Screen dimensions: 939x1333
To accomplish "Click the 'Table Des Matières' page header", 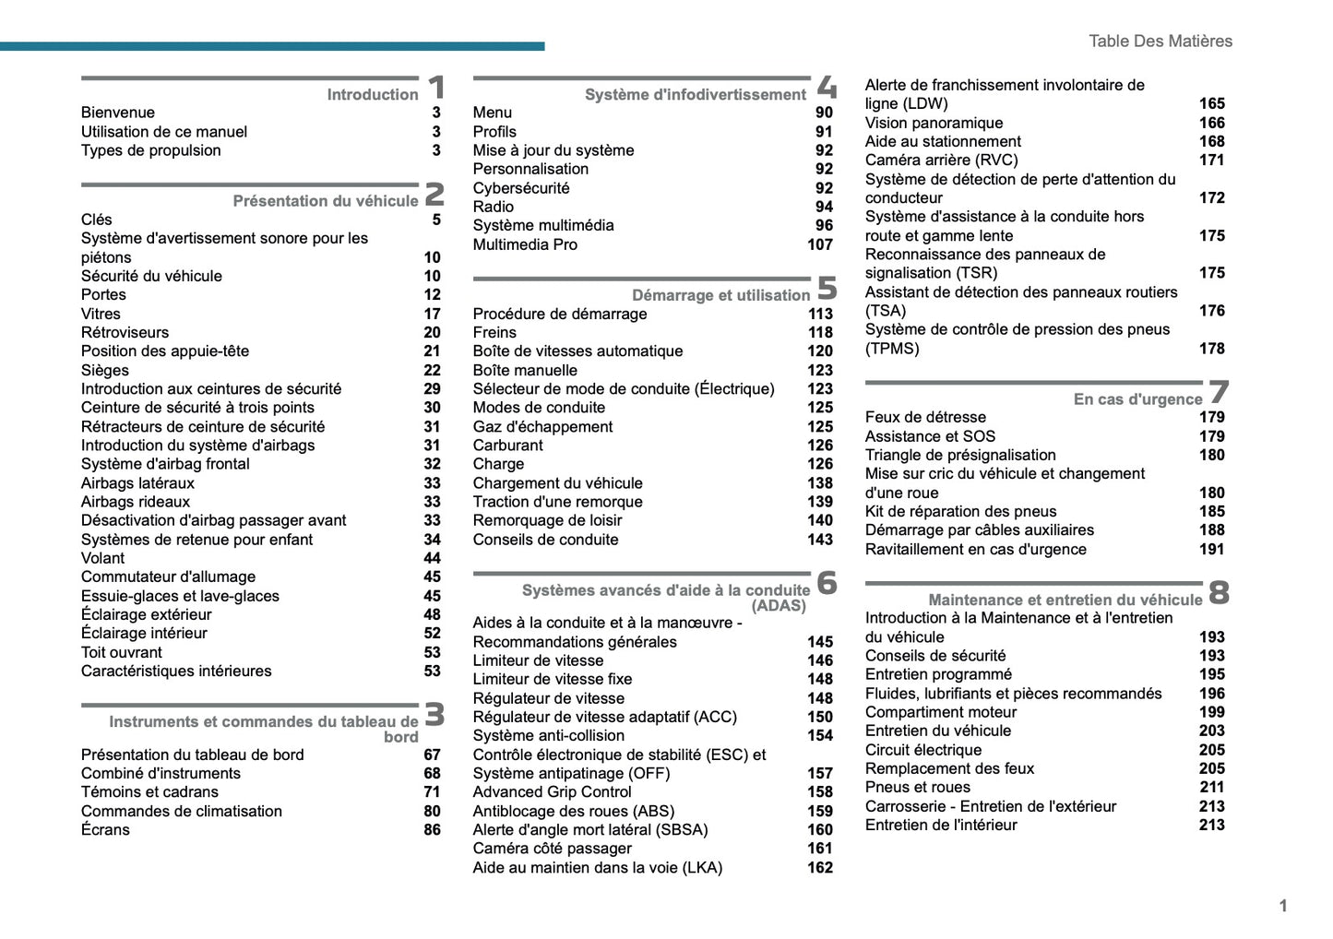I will (x=1160, y=41).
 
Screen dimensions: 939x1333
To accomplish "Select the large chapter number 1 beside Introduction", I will (x=436, y=88).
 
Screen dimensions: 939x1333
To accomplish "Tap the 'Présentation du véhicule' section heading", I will (x=325, y=201).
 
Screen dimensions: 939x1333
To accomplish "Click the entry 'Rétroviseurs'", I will (x=125, y=332).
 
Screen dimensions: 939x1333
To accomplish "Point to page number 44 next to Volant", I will (x=432, y=558).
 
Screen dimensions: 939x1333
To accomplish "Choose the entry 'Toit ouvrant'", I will (x=121, y=652).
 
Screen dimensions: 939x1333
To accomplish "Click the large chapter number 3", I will (x=434, y=715).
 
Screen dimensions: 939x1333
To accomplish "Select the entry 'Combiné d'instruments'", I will (x=161, y=773).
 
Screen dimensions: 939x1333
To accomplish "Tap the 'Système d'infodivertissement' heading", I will (x=695, y=95).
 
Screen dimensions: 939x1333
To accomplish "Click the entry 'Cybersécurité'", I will (x=521, y=188).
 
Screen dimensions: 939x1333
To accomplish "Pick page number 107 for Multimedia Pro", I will (x=819, y=244).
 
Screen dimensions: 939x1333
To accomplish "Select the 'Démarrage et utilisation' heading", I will (x=720, y=295).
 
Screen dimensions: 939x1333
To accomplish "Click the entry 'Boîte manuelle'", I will (x=525, y=370).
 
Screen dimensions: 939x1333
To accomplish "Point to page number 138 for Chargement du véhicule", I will (x=819, y=483).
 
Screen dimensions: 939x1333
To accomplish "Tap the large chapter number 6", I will (x=827, y=583).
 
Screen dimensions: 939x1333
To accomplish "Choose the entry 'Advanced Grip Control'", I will (x=552, y=791).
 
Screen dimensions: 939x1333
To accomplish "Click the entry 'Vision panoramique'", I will (x=934, y=123).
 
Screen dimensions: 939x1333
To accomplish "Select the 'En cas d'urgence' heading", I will (x=1137, y=399).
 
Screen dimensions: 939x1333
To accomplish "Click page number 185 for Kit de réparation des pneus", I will (x=1211, y=511).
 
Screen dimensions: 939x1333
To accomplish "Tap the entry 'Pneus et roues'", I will (x=917, y=787).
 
